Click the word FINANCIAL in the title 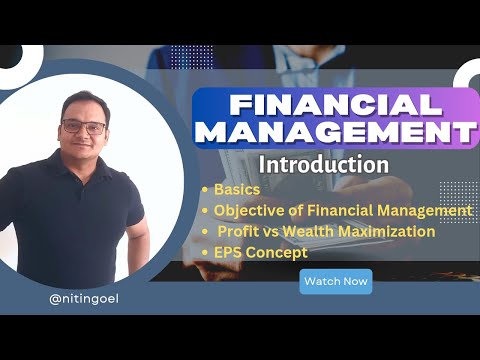pyautogui.click(x=333, y=105)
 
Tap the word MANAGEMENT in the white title pyautogui.click(x=333, y=133)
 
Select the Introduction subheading pyautogui.click(x=324, y=162)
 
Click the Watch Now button pyautogui.click(x=335, y=281)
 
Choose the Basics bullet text pyautogui.click(x=238, y=189)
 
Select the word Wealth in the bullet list pyautogui.click(x=320, y=232)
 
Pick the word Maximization pyautogui.click(x=392, y=232)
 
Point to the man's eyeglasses pyautogui.click(x=83, y=128)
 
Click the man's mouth pyautogui.click(x=83, y=153)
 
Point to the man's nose pyautogui.click(x=83, y=140)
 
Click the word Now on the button pyautogui.click(x=354, y=281)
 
